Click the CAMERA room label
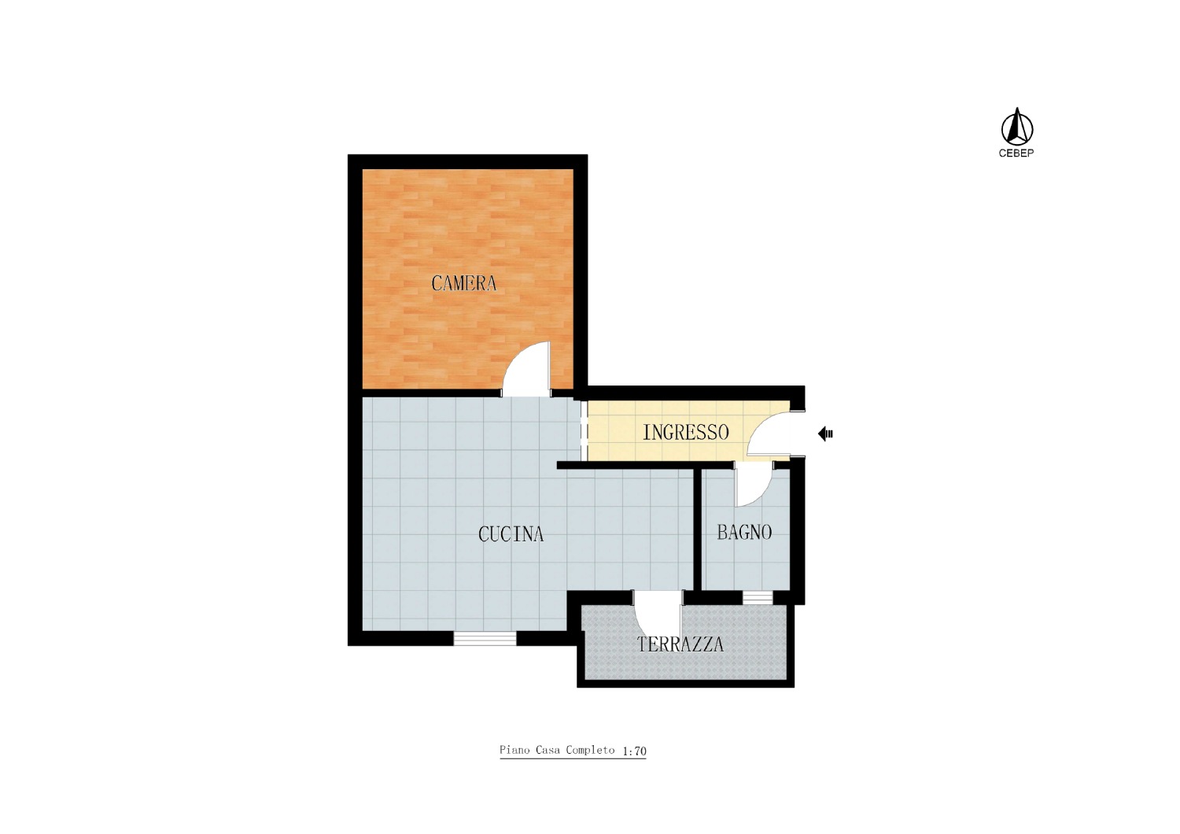point(463,283)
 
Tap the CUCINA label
point(511,534)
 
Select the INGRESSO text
point(686,433)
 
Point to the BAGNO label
point(744,533)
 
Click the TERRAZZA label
point(680,644)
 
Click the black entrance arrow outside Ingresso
point(825,434)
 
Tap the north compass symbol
point(1016,127)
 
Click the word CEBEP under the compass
point(1016,153)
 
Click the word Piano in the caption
point(515,750)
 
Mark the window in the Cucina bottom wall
point(485,638)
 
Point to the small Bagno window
point(758,597)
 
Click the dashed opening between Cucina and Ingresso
point(584,430)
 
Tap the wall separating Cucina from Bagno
point(697,529)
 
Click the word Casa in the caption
point(548,750)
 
